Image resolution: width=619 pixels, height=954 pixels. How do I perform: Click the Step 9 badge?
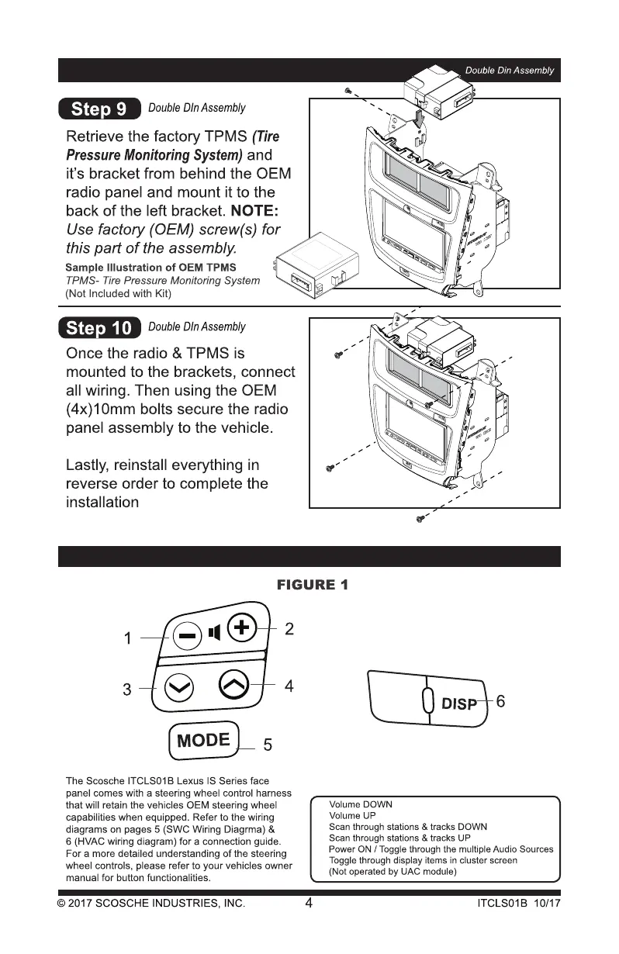(x=99, y=109)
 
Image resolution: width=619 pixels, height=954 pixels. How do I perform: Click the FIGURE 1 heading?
(x=312, y=585)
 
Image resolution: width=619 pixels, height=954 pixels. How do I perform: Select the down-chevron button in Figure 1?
(x=178, y=686)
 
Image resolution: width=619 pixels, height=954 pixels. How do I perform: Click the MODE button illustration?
(x=203, y=740)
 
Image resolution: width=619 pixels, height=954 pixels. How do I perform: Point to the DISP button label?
(x=459, y=704)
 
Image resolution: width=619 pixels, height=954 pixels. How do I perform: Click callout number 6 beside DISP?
(x=500, y=701)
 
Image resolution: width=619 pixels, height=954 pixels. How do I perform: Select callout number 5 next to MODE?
(x=268, y=746)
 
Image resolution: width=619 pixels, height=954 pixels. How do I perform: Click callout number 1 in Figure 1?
(x=128, y=639)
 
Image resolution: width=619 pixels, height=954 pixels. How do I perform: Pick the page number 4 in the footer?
(x=309, y=903)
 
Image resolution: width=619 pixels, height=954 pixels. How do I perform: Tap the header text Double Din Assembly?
(x=510, y=71)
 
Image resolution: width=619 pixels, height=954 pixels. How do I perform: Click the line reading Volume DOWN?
(x=361, y=804)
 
